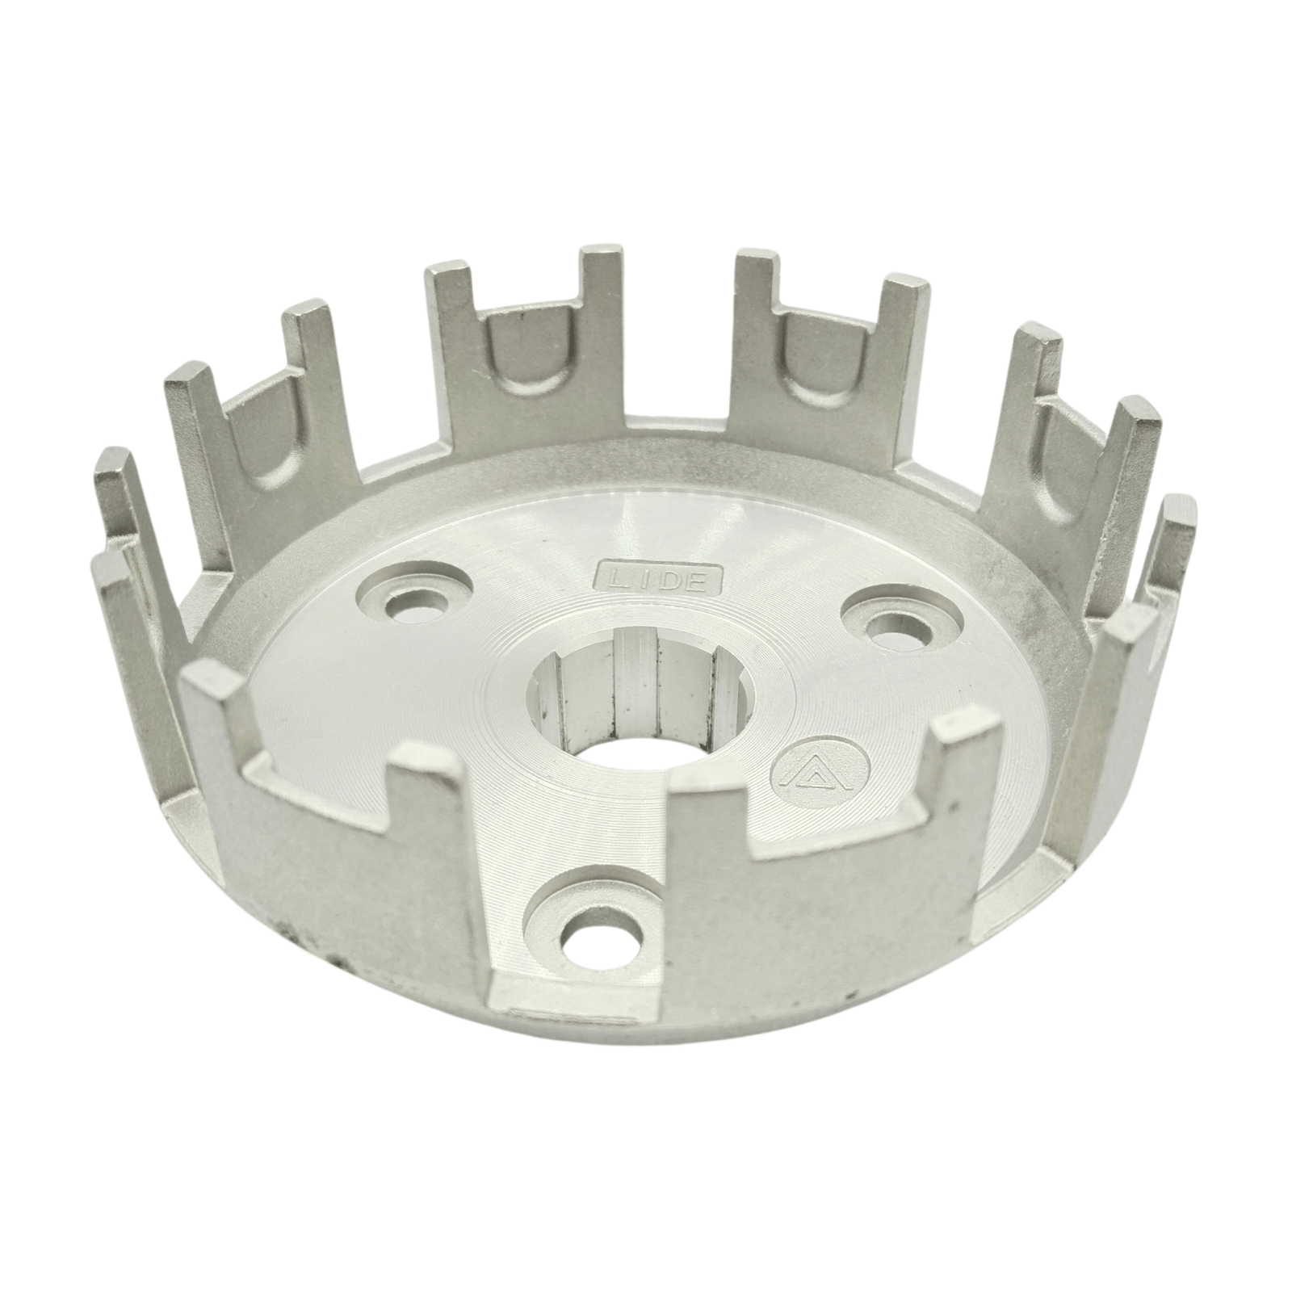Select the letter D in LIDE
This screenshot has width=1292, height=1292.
[x=669, y=580]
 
